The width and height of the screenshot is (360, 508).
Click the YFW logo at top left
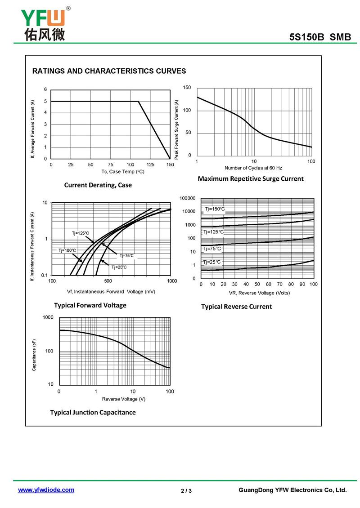pos(45,24)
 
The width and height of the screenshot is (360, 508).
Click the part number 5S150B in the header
pos(306,37)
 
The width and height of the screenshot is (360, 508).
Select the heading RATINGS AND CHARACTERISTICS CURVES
pos(109,71)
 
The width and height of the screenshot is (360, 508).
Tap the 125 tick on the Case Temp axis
pos(150,165)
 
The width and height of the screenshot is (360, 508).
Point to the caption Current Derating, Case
pos(98,185)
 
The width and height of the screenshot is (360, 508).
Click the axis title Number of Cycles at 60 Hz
pos(253,168)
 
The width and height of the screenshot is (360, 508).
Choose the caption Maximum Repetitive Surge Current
pos(251,178)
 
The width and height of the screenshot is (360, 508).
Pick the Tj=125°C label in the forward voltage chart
pos(81,233)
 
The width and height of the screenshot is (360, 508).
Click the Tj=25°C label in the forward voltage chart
pos(119,267)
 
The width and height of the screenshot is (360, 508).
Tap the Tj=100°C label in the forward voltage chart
pos(67,250)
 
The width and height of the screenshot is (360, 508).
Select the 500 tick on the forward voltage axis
pos(108,281)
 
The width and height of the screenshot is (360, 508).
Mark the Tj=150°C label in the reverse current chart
pos(215,209)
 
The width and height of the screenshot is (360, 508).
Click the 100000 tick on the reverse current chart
pos(188,198)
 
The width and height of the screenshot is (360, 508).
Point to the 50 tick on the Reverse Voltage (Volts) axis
pos(257,284)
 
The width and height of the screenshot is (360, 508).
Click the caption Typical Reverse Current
pos(236,307)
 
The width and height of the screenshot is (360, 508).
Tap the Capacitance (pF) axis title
pos(34,355)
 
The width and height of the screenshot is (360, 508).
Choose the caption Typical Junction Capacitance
pos(93,412)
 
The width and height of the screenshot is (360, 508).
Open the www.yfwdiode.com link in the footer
pos(46,490)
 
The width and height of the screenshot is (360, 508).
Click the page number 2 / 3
pos(186,491)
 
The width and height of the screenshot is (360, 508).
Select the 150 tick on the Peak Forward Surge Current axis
pos(187,88)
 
